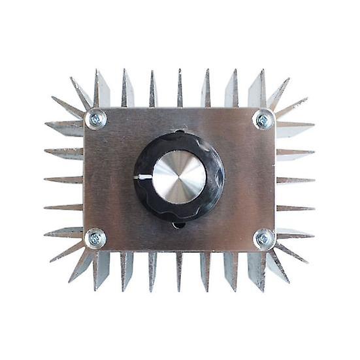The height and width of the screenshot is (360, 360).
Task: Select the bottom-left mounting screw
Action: click(x=95, y=238)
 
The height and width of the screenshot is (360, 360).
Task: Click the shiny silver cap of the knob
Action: click(x=179, y=177)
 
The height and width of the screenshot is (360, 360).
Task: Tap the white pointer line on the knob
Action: click(x=144, y=177)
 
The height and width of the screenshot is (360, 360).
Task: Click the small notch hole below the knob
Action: click(x=179, y=225)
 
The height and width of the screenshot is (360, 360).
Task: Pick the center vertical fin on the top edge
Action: click(x=180, y=88)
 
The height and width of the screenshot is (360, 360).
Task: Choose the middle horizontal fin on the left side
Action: click(x=64, y=179)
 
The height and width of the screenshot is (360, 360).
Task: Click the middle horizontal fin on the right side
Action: click(x=295, y=179)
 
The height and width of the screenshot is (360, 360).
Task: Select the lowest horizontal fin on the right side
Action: click(x=295, y=233)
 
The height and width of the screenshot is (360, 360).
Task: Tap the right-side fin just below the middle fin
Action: click(x=295, y=208)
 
